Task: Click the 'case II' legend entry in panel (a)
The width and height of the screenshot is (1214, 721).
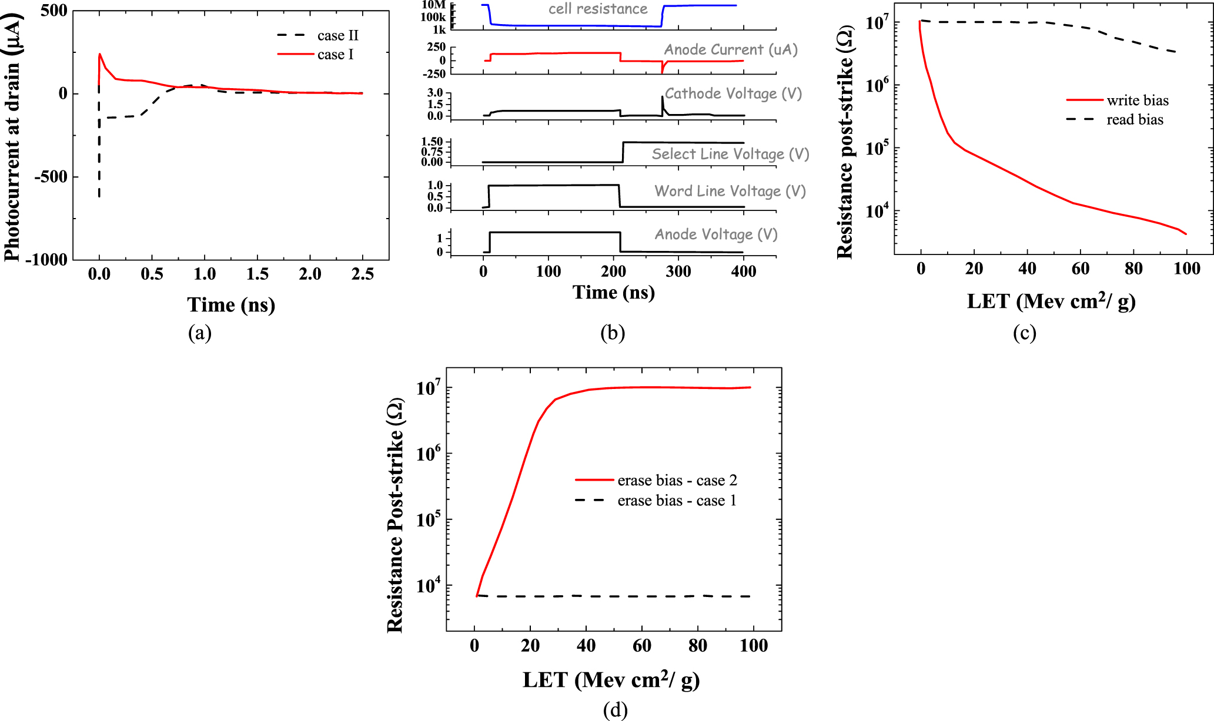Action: [x=337, y=36]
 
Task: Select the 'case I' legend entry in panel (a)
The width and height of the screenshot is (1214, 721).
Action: [x=335, y=55]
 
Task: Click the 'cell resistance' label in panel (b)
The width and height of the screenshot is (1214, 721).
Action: [x=598, y=9]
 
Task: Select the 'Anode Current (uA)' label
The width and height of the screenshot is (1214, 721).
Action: [x=731, y=50]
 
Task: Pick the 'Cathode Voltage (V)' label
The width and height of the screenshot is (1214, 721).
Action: [x=733, y=94]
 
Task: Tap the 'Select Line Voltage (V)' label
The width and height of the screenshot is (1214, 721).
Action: [x=730, y=154]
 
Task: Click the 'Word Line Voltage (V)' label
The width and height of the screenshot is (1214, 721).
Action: [x=730, y=191]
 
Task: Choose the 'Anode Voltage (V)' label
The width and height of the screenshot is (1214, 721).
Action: [x=716, y=234]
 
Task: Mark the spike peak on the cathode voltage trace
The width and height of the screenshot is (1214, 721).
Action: [x=663, y=96]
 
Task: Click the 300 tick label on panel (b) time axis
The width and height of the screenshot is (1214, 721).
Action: [x=678, y=271]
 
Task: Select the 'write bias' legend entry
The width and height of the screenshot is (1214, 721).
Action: [x=1137, y=100]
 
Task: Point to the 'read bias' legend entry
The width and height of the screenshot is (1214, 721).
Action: [x=1135, y=120]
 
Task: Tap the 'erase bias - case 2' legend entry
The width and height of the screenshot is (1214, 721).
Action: [x=677, y=481]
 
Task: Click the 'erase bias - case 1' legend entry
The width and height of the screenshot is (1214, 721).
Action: [x=677, y=501]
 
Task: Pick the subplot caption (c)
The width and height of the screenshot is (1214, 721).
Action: [x=1024, y=333]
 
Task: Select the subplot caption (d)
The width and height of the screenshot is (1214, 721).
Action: [x=615, y=710]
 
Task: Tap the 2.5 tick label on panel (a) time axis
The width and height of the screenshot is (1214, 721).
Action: [x=362, y=274]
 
